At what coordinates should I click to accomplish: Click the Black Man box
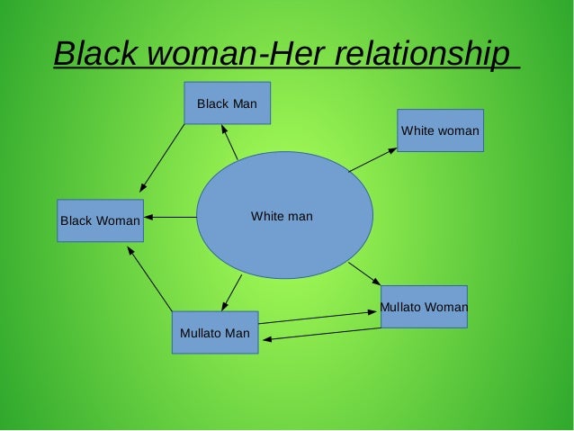227,103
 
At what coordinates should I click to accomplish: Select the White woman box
440,130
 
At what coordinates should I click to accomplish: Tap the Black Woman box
100,220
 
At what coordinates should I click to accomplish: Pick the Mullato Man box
215,332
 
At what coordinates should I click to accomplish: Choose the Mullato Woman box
424,307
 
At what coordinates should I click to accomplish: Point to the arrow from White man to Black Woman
170,217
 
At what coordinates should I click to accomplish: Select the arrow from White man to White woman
372,159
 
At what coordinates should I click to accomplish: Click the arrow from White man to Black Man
230,143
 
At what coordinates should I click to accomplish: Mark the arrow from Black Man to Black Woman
163,157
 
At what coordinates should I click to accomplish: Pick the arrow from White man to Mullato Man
231,292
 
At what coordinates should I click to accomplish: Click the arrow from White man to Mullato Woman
365,274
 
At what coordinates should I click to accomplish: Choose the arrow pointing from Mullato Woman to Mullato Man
321,334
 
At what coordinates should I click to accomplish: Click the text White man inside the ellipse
282,217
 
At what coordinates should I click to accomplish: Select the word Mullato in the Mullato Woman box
399,308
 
